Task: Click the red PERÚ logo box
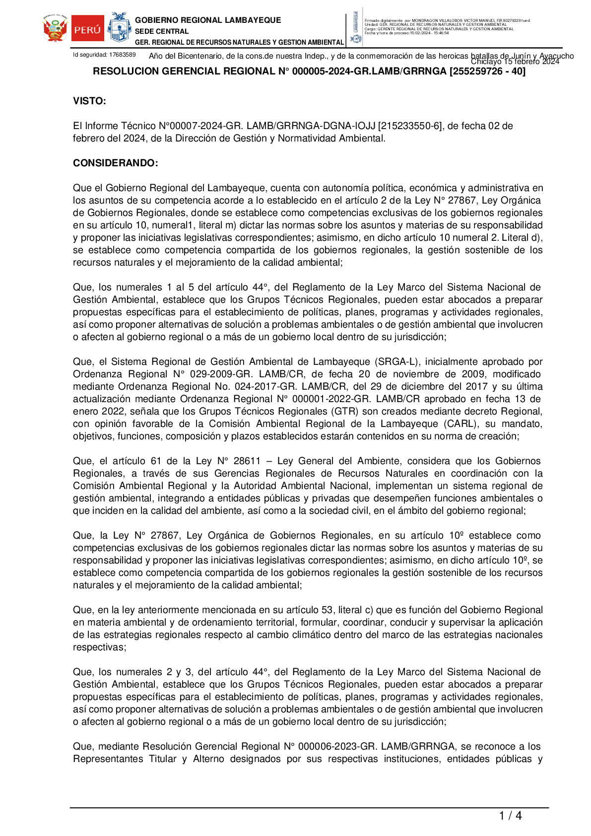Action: (88, 29)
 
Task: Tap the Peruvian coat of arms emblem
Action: (55, 28)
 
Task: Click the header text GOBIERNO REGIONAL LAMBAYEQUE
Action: (208, 20)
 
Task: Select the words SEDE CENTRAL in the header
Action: (162, 31)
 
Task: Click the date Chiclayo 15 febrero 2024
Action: (515, 62)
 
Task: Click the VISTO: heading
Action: (89, 101)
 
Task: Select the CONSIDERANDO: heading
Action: (116, 163)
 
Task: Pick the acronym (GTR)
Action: (343, 412)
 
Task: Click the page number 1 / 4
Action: (510, 816)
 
